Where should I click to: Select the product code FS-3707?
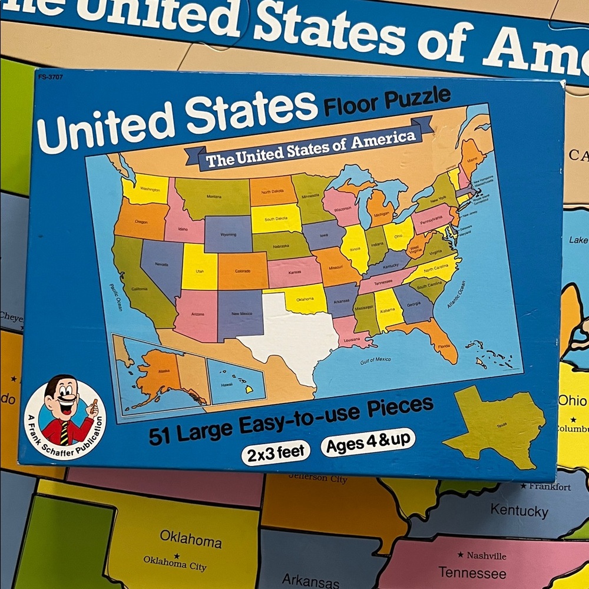point(50,77)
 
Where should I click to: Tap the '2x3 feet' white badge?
point(276,452)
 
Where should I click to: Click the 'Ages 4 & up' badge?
point(368,442)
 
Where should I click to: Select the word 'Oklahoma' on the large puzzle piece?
point(190,539)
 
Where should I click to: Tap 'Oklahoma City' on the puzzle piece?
point(175,562)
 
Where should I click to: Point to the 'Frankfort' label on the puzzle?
point(548,487)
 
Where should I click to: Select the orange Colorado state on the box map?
point(243,271)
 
